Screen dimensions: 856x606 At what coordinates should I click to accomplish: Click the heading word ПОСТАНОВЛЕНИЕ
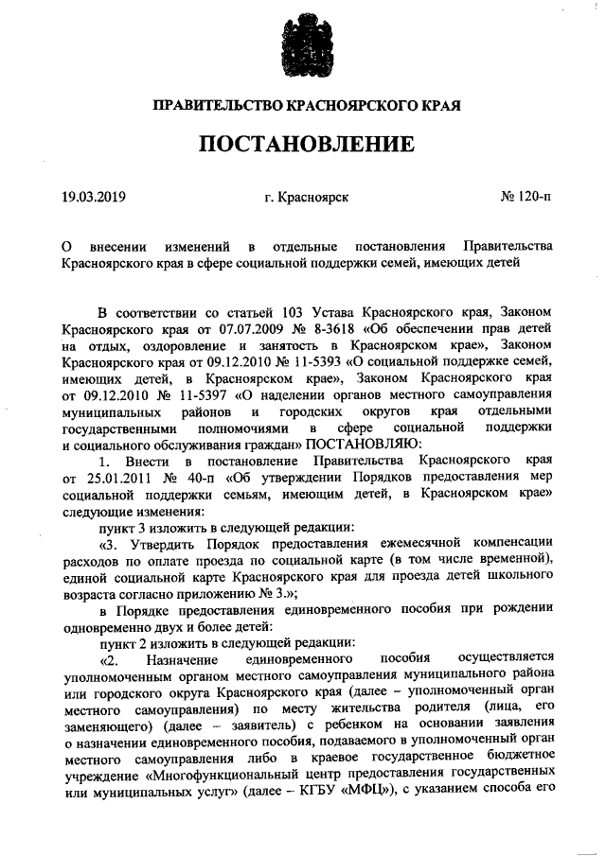(x=304, y=145)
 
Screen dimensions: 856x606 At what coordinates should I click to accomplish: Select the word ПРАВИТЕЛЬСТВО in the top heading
(x=213, y=106)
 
